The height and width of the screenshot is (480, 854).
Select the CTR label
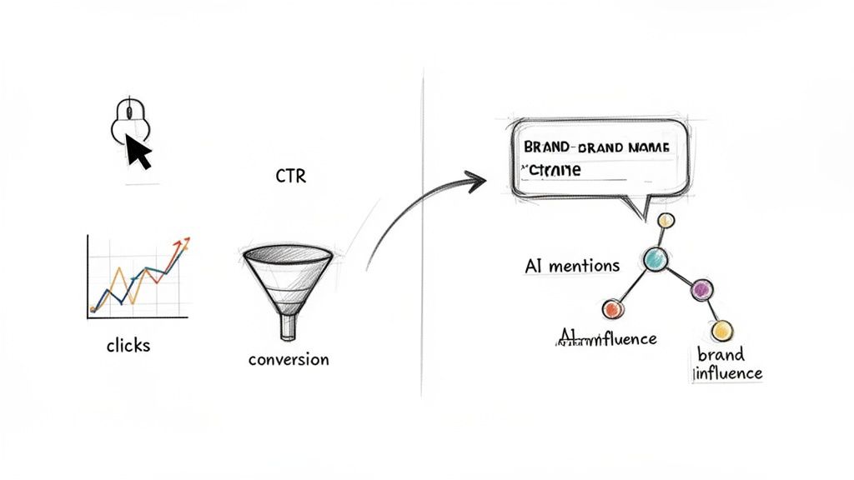[290, 177]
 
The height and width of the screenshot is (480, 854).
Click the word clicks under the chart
[128, 344]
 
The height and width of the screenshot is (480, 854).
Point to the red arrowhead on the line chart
[180, 242]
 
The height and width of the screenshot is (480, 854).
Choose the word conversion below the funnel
[289, 360]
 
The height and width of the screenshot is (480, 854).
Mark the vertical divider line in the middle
[424, 250]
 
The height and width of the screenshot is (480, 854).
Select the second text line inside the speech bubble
[550, 170]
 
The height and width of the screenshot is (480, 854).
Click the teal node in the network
[656, 259]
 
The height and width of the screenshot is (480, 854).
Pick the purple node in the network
[701, 289]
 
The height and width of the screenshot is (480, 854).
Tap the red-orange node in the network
[613, 309]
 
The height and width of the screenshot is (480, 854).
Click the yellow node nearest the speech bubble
[666, 221]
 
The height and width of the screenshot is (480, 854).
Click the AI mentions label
[572, 266]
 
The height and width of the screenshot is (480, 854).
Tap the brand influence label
[728, 364]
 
